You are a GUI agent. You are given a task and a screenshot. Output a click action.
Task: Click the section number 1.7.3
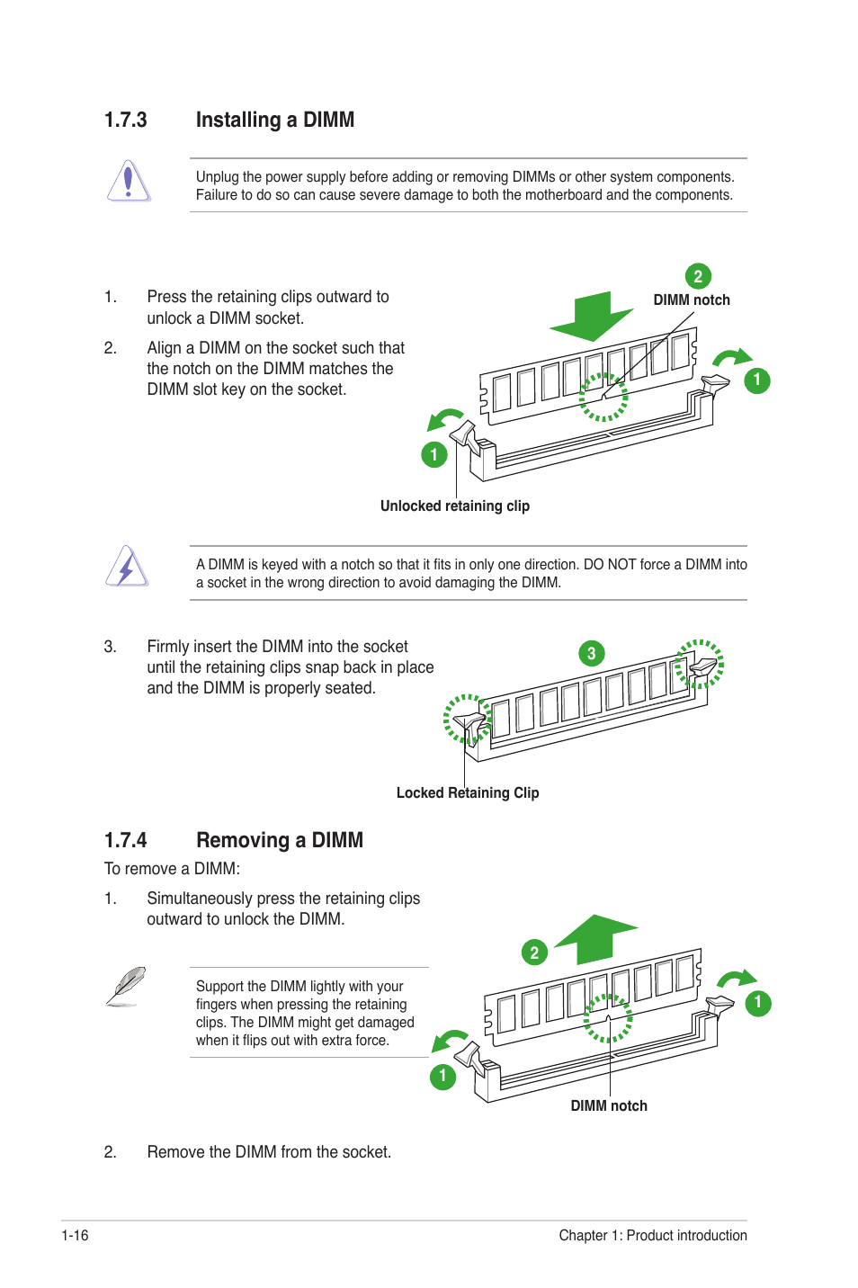click(125, 121)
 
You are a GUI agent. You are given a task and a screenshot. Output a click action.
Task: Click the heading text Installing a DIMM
click(274, 121)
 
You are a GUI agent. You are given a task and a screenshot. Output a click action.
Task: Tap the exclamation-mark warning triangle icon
click(129, 181)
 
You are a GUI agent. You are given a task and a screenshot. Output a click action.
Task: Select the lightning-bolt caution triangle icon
click(127, 568)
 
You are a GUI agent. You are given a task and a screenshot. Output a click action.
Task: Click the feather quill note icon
click(126, 986)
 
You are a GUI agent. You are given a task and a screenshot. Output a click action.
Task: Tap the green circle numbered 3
click(591, 654)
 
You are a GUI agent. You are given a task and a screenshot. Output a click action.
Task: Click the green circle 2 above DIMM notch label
click(698, 276)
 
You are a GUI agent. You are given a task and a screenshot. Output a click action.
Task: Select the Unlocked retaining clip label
click(454, 506)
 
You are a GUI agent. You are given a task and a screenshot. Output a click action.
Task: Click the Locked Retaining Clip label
click(467, 793)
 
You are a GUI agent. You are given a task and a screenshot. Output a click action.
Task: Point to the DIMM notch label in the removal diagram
click(609, 1106)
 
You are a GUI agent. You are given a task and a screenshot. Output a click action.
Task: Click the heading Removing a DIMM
click(279, 841)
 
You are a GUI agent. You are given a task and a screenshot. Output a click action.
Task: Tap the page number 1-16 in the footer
click(75, 1236)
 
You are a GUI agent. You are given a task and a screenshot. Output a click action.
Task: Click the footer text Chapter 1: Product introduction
click(652, 1236)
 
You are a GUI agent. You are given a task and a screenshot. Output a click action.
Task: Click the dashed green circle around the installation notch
click(603, 397)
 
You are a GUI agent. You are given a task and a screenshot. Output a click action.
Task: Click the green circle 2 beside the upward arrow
click(534, 953)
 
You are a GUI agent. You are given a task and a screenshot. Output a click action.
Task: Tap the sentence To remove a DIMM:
click(172, 869)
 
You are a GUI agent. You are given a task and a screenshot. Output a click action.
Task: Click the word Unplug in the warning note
click(217, 177)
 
